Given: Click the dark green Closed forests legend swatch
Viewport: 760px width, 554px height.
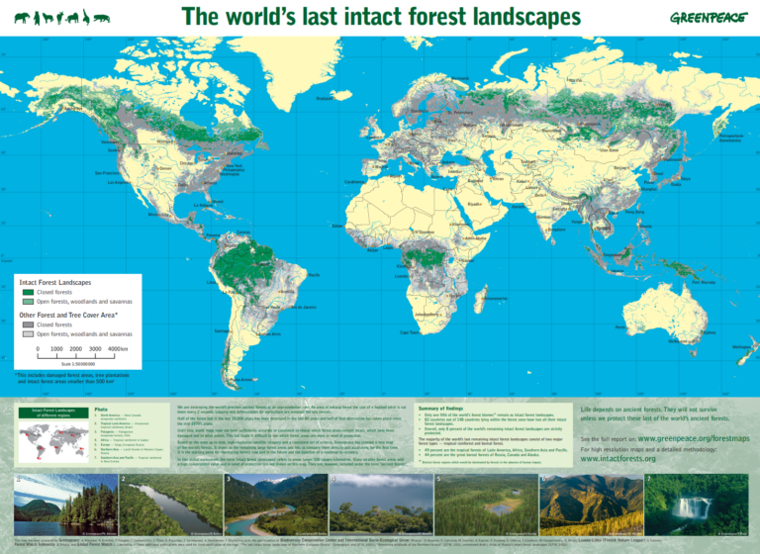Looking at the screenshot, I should (27, 292).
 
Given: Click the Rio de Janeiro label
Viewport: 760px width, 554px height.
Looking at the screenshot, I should (300, 308).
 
